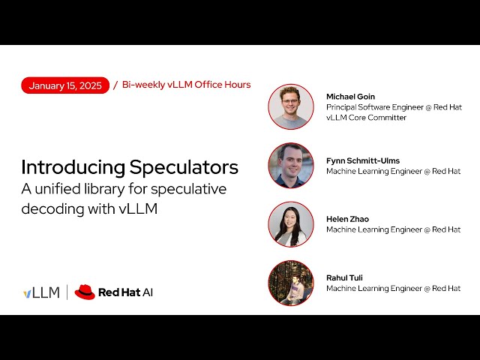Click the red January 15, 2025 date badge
(x=65, y=85)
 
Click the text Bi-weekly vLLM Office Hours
(x=186, y=85)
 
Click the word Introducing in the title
(x=73, y=166)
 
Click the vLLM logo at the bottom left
(x=41, y=292)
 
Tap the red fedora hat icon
(x=85, y=292)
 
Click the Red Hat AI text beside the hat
(x=125, y=292)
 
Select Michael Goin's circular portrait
(x=291, y=106)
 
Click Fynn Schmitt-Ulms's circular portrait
(x=291, y=165)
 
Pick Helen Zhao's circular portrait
(x=291, y=224)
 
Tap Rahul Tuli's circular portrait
(x=291, y=283)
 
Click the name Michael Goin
(x=350, y=97)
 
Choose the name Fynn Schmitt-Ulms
(x=363, y=160)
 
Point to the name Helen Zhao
(x=347, y=219)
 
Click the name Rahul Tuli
(x=344, y=277)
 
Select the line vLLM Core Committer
(x=366, y=118)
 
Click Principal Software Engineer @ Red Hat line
(x=394, y=107)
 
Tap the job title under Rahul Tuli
(x=393, y=289)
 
